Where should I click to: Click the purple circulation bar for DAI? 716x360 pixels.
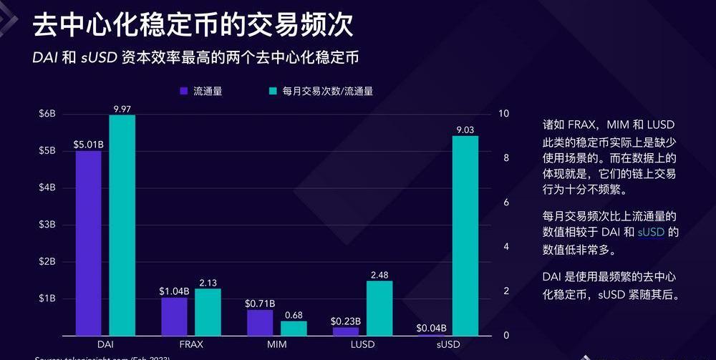point(88,243)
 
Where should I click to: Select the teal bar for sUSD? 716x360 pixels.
point(465,235)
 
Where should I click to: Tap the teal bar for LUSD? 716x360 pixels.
point(379,308)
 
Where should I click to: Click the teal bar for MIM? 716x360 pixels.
point(294,328)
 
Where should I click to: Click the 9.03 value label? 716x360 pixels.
point(465,130)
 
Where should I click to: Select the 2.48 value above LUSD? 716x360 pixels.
point(379,274)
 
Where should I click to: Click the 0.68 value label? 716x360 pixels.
point(294,314)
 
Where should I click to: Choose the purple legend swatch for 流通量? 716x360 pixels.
point(183,91)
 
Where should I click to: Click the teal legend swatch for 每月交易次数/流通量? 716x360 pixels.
point(273,91)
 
